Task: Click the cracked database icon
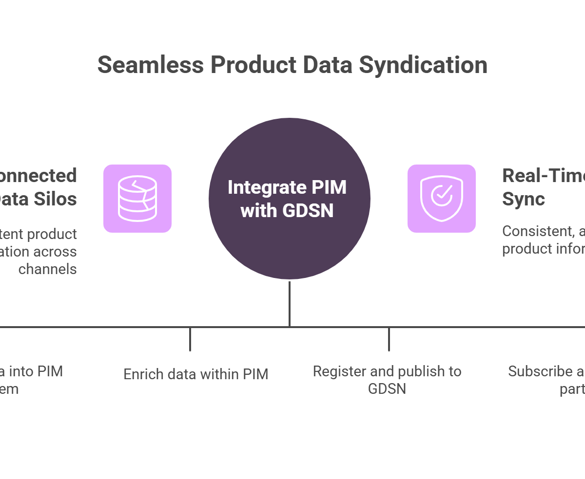pos(137,199)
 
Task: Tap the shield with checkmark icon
pos(442,199)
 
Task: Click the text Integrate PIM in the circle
pos(287,188)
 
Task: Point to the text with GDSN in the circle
pos(287,211)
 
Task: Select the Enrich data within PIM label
pos(195,374)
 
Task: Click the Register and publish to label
pos(387,371)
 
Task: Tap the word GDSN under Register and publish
pos(387,389)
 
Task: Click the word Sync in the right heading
pos(524,199)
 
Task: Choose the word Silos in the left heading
pos(58,199)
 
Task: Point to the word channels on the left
pos(48,269)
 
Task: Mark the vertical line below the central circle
pos(290,304)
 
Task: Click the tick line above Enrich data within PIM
pos(190,339)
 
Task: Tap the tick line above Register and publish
pos(389,339)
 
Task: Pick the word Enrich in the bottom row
pos(139,374)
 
